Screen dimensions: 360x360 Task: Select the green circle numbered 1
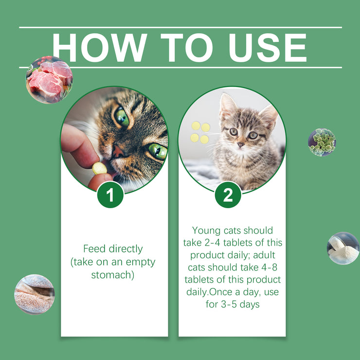point(110,195)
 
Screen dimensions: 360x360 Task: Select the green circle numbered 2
point(228,195)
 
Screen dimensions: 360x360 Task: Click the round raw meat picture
point(49,80)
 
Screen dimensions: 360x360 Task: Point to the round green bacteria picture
point(322,142)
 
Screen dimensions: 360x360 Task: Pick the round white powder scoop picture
point(343,248)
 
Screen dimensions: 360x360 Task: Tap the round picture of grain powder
point(35,294)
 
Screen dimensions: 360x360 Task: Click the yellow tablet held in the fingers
point(100,168)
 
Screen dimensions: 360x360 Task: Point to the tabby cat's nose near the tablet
point(118,152)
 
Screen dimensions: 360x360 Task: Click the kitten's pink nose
point(241,144)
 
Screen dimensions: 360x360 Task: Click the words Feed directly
point(113,249)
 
